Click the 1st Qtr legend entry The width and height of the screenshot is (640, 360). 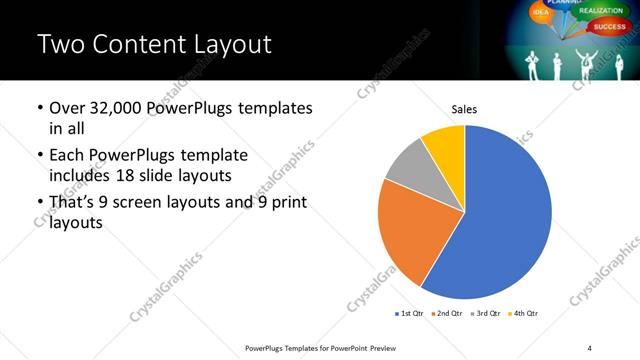coord(410,313)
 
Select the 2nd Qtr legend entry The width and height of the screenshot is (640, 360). coord(446,313)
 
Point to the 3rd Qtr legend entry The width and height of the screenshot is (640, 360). coord(484,313)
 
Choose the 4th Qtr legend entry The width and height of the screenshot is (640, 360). coord(522,313)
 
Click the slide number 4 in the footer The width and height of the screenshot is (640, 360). coord(589,346)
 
